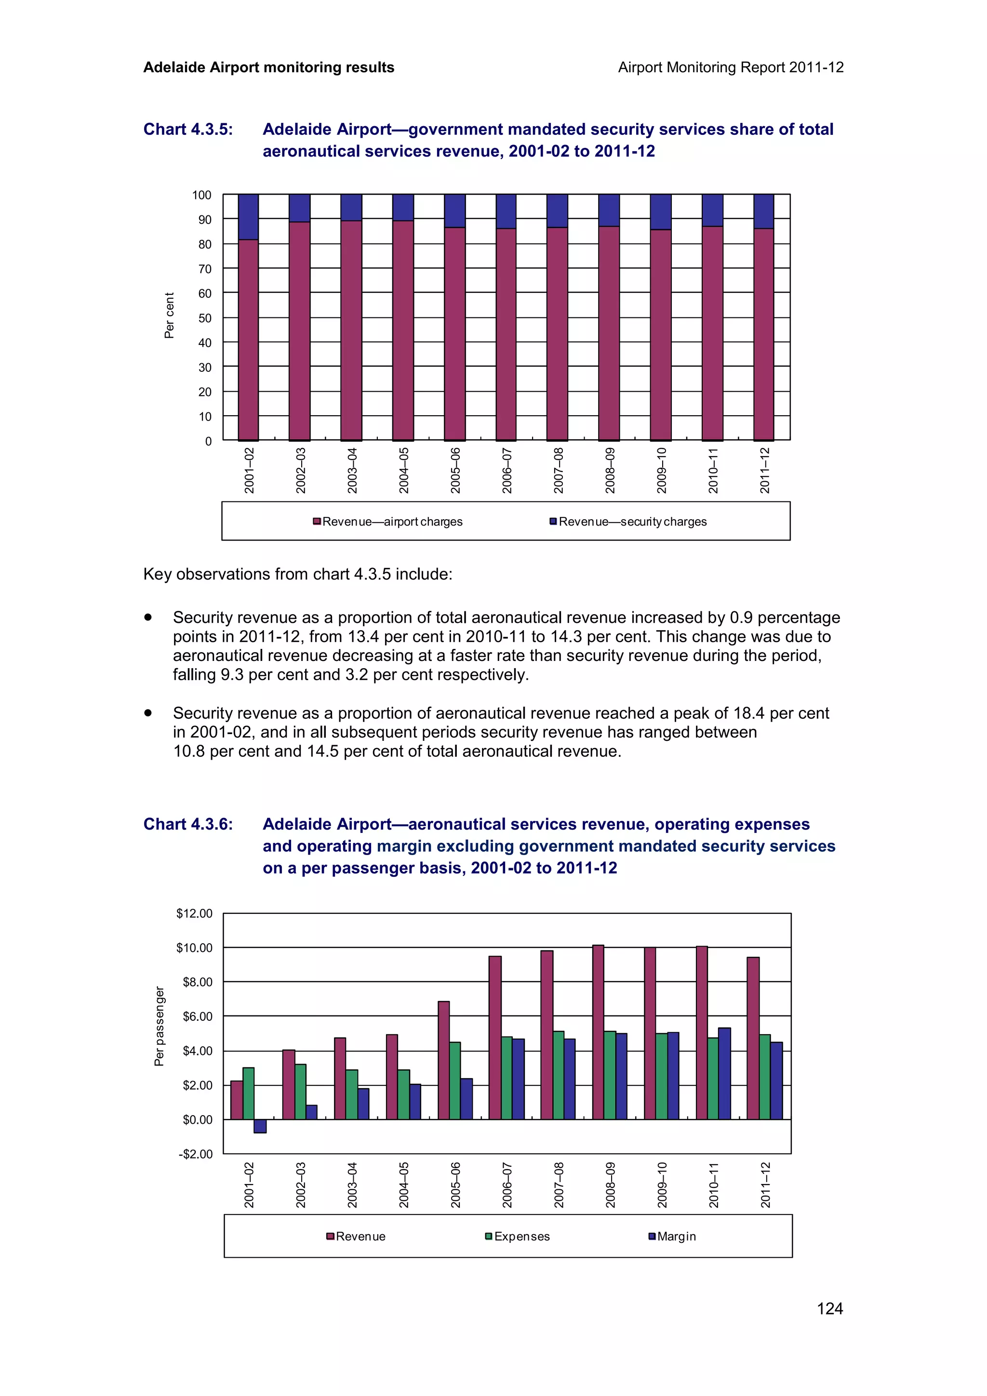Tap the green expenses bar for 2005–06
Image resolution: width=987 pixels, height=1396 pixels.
coord(455,1080)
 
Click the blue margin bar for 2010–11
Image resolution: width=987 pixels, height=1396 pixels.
coord(724,1073)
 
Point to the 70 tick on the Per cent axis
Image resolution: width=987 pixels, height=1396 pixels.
coord(204,269)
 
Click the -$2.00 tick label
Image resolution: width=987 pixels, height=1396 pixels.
coord(195,1154)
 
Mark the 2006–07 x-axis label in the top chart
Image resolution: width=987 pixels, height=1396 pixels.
coord(507,471)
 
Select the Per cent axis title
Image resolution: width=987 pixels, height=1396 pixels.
coord(169,315)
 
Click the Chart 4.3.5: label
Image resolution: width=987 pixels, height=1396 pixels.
coord(188,130)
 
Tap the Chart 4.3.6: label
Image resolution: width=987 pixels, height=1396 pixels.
coord(188,825)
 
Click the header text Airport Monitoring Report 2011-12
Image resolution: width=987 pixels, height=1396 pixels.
coord(730,67)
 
